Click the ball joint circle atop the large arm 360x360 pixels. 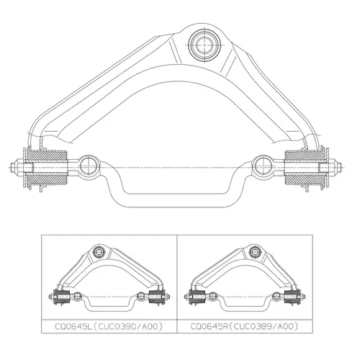pyautogui.click(x=204, y=45)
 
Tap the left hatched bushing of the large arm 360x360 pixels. pyautogui.click(x=47, y=168)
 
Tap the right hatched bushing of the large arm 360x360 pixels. pyautogui.click(x=305, y=168)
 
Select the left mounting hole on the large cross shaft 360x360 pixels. pyautogui.click(x=89, y=166)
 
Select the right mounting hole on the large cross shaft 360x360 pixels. pyautogui.click(x=264, y=166)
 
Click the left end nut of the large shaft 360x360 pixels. pyautogui.click(x=17, y=167)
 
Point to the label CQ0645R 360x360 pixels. pyautogui.click(x=208, y=326)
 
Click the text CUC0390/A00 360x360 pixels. pyautogui.click(x=127, y=326)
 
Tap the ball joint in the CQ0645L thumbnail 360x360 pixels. pyautogui.click(x=99, y=252)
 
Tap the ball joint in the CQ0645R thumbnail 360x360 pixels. pyautogui.click(x=254, y=252)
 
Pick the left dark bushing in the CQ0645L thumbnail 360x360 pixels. pyautogui.click(x=62, y=297)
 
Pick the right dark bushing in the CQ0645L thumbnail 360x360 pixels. pyautogui.click(x=156, y=297)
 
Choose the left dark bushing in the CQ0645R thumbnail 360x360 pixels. pyautogui.click(x=197, y=297)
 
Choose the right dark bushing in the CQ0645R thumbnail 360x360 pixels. pyautogui.click(x=292, y=297)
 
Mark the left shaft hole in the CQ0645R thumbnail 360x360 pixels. pyautogui.click(x=212, y=296)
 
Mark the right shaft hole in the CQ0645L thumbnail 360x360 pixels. pyautogui.click(x=140, y=296)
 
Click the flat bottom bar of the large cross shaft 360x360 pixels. pyautogui.click(x=176, y=200)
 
